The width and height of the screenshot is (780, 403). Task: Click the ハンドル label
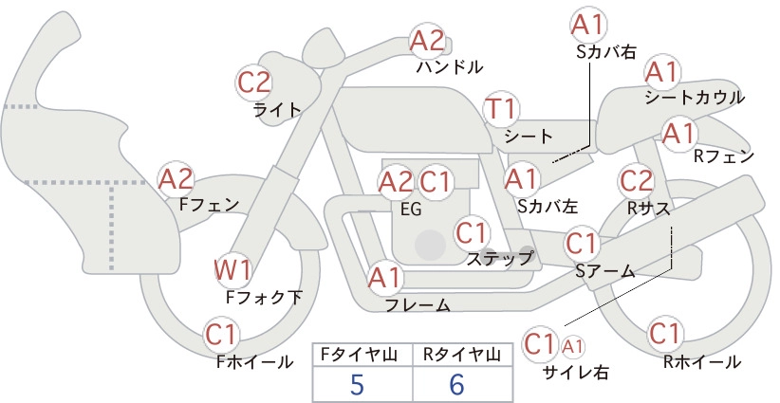point(449,66)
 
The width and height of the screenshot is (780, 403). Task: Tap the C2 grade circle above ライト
point(253,82)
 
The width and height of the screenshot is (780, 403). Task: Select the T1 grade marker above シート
point(501,109)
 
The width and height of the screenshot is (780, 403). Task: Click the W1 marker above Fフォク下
point(233,270)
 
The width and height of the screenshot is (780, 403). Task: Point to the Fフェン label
point(209,204)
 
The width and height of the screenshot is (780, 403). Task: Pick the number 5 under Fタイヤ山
point(357,385)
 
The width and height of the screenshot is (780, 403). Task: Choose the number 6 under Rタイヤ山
point(456,385)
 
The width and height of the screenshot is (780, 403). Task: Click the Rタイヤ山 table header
point(462,355)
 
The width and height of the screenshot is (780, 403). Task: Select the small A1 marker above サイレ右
point(572,346)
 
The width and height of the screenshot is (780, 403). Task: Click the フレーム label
point(418,304)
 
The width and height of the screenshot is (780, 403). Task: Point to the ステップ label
point(499,258)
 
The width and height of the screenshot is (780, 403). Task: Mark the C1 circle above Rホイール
point(664,334)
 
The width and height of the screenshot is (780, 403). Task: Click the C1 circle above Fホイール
point(220,336)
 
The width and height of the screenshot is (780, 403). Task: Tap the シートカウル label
point(695,98)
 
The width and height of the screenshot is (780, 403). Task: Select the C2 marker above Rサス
point(635,181)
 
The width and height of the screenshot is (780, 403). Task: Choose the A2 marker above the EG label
point(396,182)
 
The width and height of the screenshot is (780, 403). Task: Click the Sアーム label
point(605,271)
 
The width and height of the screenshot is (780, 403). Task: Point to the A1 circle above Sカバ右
point(587,25)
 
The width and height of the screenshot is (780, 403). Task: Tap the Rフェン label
point(724,156)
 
